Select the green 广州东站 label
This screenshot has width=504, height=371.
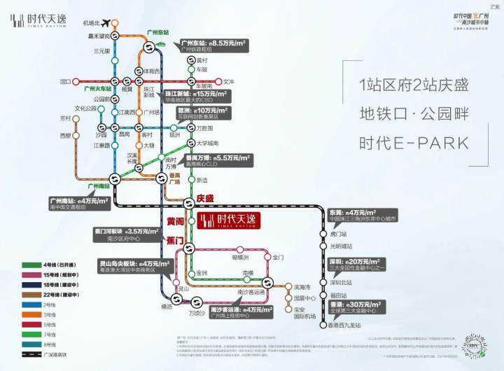coord(157,33)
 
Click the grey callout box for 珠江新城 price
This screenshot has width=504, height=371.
coord(195,97)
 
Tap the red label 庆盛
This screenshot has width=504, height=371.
coord(205,198)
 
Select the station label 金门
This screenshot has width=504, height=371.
coord(278,258)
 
